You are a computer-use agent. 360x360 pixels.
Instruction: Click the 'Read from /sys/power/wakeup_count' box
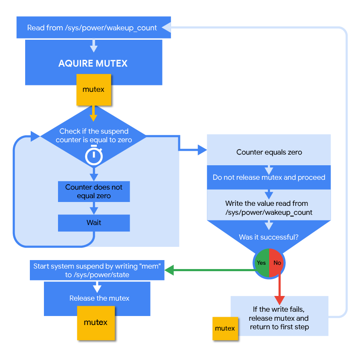(x=92, y=28)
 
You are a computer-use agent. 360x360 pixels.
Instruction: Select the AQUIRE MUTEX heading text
(x=93, y=64)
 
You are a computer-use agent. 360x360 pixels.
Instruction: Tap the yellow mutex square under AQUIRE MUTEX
(x=93, y=90)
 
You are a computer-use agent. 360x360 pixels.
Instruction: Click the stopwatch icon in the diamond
(x=94, y=156)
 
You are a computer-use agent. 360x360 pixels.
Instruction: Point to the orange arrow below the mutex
(x=93, y=114)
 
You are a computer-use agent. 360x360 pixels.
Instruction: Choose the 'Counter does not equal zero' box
(x=94, y=192)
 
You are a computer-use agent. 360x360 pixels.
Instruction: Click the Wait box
(x=94, y=222)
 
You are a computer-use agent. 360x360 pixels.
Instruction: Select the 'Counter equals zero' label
(x=269, y=152)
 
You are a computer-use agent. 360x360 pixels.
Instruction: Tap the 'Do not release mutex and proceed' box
(x=269, y=177)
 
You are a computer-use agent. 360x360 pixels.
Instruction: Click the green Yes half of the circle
(x=261, y=263)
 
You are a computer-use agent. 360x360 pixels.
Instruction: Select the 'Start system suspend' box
(x=97, y=270)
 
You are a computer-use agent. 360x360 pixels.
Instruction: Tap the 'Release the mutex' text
(x=99, y=298)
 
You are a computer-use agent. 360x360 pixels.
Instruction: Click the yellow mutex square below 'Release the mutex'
(x=96, y=322)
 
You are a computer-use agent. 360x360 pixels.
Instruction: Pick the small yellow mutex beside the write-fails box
(x=225, y=328)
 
